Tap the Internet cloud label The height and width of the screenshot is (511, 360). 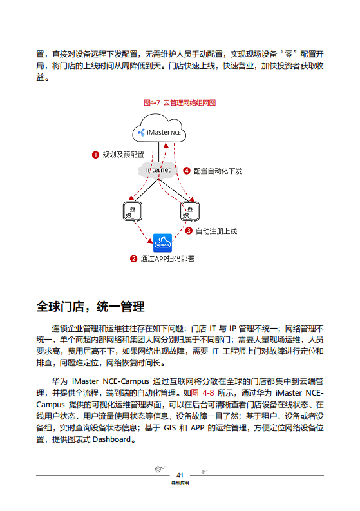[158, 170]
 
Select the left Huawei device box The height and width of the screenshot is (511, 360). [133, 211]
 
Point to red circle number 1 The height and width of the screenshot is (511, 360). [95, 155]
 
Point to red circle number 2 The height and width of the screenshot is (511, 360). [133, 259]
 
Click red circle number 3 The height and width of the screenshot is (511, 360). [189, 231]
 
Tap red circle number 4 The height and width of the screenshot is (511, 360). [187, 171]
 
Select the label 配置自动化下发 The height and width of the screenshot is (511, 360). [218, 171]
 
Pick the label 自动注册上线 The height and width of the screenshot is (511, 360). [216, 231]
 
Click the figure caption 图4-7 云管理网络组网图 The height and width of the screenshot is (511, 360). [180, 102]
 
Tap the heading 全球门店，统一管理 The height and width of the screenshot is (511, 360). [90, 305]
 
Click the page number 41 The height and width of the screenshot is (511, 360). [180, 474]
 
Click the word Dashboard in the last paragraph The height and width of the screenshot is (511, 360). [114, 441]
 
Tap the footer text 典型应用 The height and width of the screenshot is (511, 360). [180, 483]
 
